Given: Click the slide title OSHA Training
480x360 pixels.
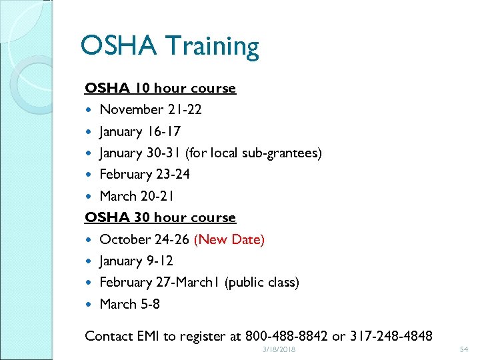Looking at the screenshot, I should [x=169, y=47].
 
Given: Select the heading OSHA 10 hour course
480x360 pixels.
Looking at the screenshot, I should [x=160, y=88].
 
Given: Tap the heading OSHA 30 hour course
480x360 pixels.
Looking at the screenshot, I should [x=160, y=217].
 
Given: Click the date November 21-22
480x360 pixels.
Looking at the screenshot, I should [x=151, y=109].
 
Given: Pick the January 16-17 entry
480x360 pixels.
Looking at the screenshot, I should [x=139, y=131].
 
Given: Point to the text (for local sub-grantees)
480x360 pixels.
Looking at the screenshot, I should [x=254, y=153].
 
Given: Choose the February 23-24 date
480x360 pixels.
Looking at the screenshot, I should [x=144, y=175].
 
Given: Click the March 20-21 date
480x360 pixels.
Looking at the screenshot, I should [x=137, y=196].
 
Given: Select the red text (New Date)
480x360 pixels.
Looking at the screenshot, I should [x=229, y=239].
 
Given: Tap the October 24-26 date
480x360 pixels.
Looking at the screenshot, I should [x=144, y=239].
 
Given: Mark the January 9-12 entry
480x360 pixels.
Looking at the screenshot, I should [x=136, y=261].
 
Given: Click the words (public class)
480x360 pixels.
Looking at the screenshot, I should [x=262, y=283].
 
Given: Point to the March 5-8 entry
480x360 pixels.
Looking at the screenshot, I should [x=129, y=304].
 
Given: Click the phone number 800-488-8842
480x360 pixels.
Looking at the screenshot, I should [x=287, y=336].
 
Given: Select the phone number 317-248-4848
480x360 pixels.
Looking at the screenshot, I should [x=390, y=336].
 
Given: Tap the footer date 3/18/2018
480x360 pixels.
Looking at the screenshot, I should [x=278, y=350].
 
